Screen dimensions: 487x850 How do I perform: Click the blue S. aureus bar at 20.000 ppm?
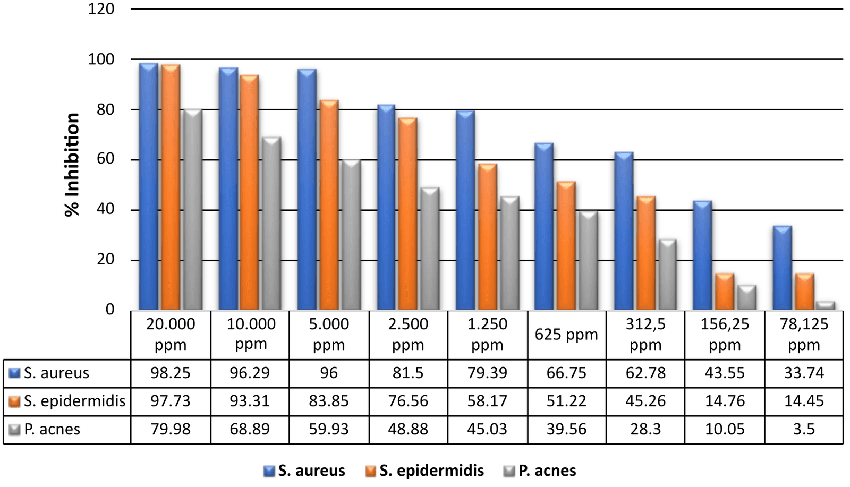(148, 186)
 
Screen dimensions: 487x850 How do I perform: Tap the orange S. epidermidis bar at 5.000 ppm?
(329, 204)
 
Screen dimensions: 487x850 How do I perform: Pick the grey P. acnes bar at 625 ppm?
(588, 260)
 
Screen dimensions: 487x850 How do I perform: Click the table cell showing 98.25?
(170, 373)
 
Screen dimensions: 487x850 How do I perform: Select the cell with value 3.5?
(803, 429)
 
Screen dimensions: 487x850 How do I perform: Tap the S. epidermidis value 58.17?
(487, 401)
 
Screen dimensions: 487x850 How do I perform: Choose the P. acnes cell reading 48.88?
(408, 429)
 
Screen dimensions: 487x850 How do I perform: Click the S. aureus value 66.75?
(566, 373)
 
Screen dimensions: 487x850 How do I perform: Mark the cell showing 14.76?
(725, 401)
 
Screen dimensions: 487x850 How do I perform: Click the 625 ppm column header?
(566, 335)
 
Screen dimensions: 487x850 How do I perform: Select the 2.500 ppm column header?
(408, 334)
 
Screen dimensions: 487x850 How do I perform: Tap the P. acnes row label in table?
(52, 429)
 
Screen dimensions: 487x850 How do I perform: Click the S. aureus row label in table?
(56, 373)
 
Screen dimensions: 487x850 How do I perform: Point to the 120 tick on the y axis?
(101, 9)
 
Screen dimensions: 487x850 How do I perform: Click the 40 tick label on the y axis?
(105, 209)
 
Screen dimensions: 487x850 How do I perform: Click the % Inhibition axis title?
(72, 165)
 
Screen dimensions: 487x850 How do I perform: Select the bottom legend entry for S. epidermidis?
(431, 471)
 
